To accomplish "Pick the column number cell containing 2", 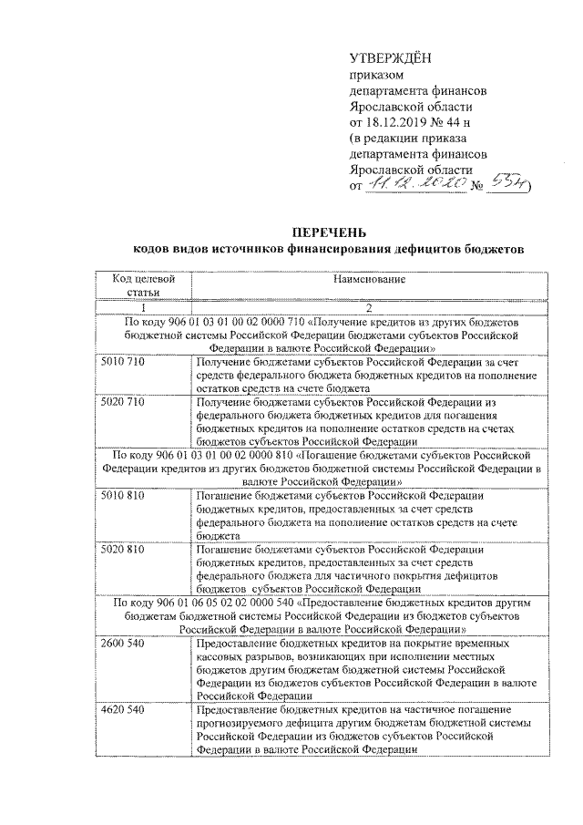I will (x=368, y=307).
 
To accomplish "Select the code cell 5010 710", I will (x=124, y=364).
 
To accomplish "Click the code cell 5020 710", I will (x=124, y=402).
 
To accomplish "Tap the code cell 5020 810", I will (x=124, y=550).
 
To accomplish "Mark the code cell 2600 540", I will (x=124, y=643).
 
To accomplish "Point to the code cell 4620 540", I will (x=124, y=708).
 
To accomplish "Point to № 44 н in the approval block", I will (x=455, y=121).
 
